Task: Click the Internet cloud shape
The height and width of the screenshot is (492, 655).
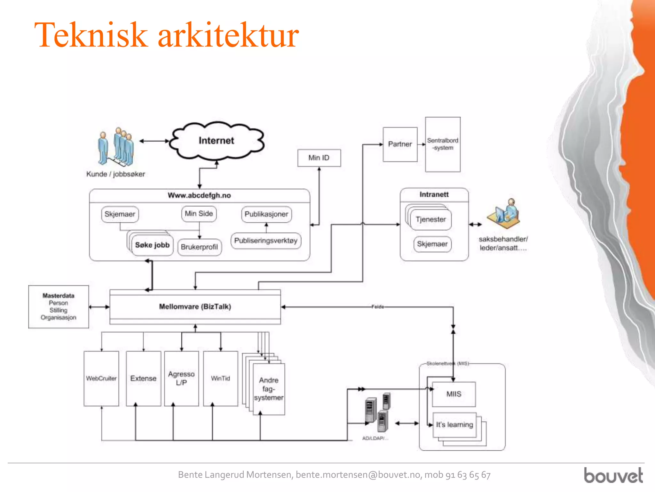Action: [x=217, y=141]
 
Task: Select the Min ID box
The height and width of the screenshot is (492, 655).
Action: [x=319, y=158]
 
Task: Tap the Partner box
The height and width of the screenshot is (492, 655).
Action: [x=400, y=144]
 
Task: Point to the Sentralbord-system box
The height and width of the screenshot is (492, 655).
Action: [x=443, y=144]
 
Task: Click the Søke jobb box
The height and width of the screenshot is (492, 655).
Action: [x=152, y=245]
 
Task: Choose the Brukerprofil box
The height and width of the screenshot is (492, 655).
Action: [x=199, y=247]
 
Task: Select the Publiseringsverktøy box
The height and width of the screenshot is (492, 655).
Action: [x=266, y=241]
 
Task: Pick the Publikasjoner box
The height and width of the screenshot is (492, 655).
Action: [x=266, y=214]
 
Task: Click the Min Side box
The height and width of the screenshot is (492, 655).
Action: [x=199, y=214]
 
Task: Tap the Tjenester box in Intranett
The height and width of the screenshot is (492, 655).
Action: [x=430, y=220]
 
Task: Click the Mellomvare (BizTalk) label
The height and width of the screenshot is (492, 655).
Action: [x=195, y=307]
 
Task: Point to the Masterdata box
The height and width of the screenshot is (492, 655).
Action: [x=59, y=307]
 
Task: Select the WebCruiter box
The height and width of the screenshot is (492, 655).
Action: [x=101, y=379]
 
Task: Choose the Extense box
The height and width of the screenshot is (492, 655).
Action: [x=143, y=379]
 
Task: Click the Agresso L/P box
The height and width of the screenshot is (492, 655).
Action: [x=181, y=379]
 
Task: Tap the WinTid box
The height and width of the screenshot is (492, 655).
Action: [x=220, y=379]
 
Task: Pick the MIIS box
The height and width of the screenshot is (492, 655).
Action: [x=454, y=394]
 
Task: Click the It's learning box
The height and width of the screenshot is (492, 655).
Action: [x=454, y=425]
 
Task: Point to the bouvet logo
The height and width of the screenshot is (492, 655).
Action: [x=613, y=475]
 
